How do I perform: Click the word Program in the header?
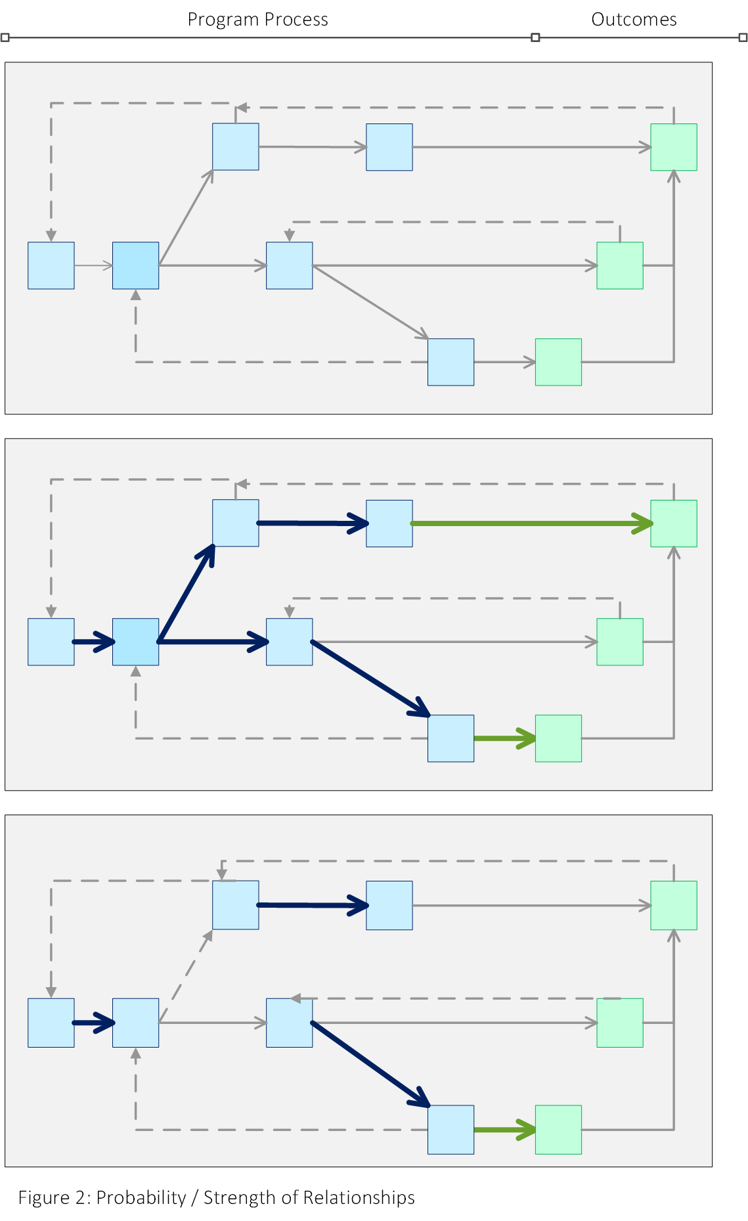pyautogui.click(x=220, y=20)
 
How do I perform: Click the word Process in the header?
pyautogui.click(x=297, y=20)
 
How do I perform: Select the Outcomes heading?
pyautogui.click(x=634, y=20)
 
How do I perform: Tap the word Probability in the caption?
pyautogui.click(x=141, y=1197)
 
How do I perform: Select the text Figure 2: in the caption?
pyautogui.click(x=55, y=1197)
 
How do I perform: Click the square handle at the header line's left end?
pyautogui.click(x=5, y=37)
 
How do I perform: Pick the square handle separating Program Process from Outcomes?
pyautogui.click(x=535, y=37)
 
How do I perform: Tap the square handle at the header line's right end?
pyautogui.click(x=743, y=37)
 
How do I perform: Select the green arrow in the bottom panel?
pyautogui.click(x=504, y=1130)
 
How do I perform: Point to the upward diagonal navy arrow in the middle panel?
pyautogui.click(x=187, y=592)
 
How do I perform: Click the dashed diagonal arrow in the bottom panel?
pyautogui.click(x=186, y=976)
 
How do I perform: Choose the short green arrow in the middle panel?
pyautogui.click(x=504, y=738)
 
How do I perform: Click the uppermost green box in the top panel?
pyautogui.click(x=674, y=147)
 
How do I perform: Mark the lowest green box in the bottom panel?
pyautogui.click(x=558, y=1130)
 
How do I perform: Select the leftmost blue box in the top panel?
pyautogui.click(x=51, y=265)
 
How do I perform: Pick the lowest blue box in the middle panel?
pyautogui.click(x=451, y=738)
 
